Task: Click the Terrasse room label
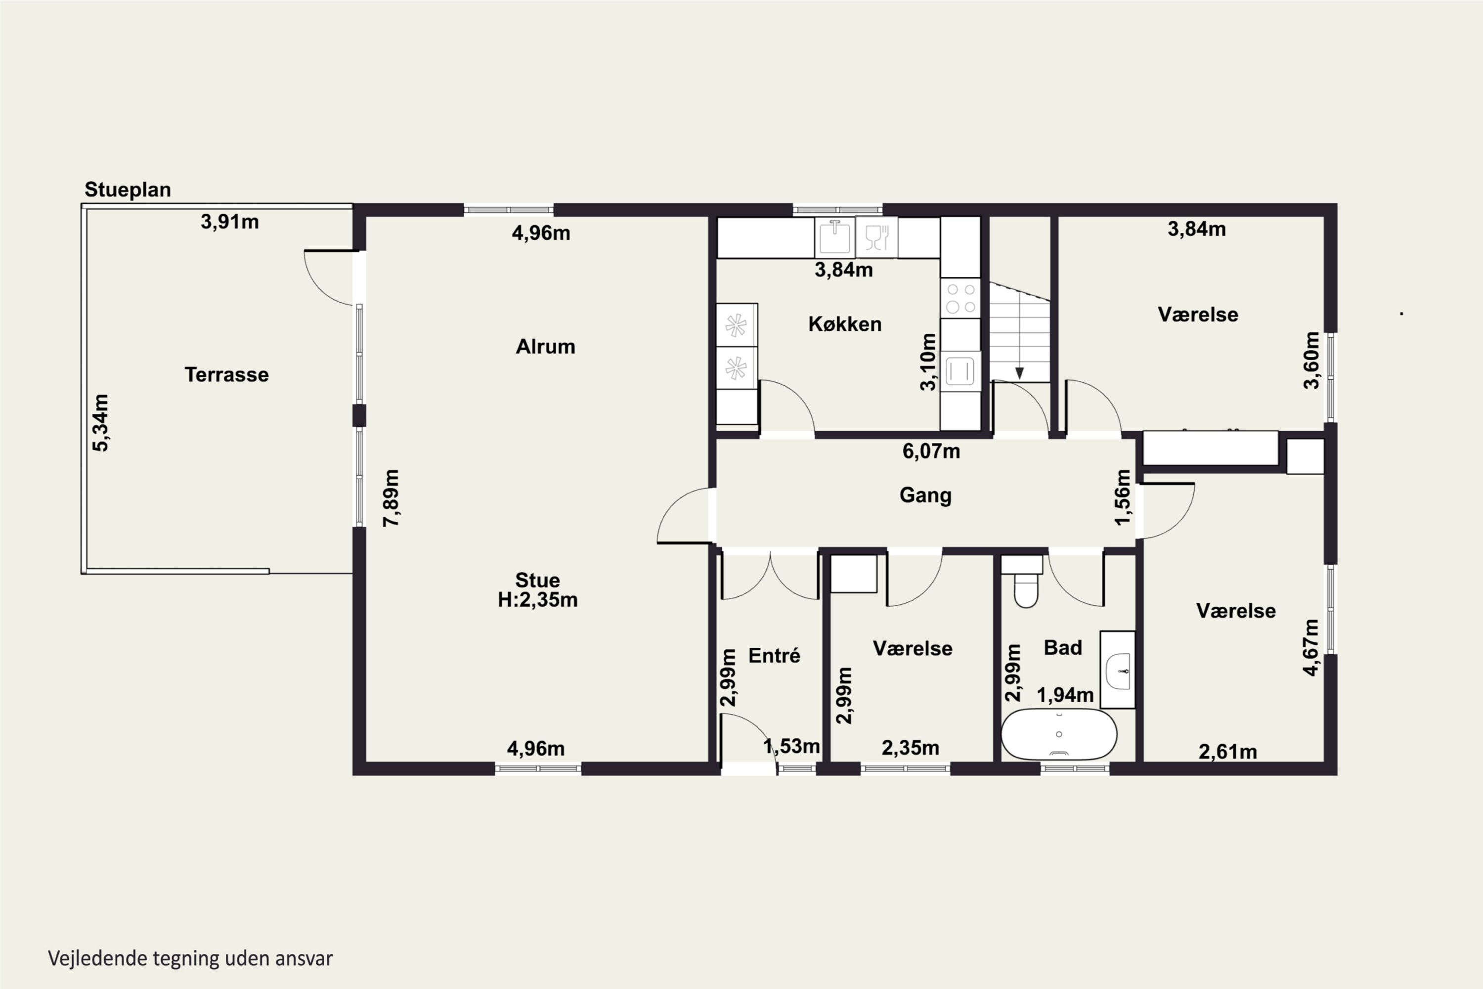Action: pyautogui.click(x=226, y=375)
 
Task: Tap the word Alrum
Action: pyautogui.click(x=545, y=346)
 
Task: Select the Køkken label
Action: pyautogui.click(x=845, y=324)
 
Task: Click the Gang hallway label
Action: pyautogui.click(x=925, y=495)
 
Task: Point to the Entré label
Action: pyautogui.click(x=774, y=655)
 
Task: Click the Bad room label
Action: pyautogui.click(x=1063, y=647)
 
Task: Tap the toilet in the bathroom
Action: pyautogui.click(x=1025, y=582)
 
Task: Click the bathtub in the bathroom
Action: pyautogui.click(x=1059, y=734)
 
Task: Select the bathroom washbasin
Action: pyautogui.click(x=1118, y=669)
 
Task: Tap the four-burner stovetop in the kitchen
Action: pyautogui.click(x=961, y=298)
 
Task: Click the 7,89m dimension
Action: pyautogui.click(x=392, y=497)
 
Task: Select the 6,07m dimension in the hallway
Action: pyautogui.click(x=931, y=451)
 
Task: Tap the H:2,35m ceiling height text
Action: pyautogui.click(x=538, y=599)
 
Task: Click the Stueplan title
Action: pyautogui.click(x=128, y=190)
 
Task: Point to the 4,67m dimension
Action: pyautogui.click(x=1311, y=648)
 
